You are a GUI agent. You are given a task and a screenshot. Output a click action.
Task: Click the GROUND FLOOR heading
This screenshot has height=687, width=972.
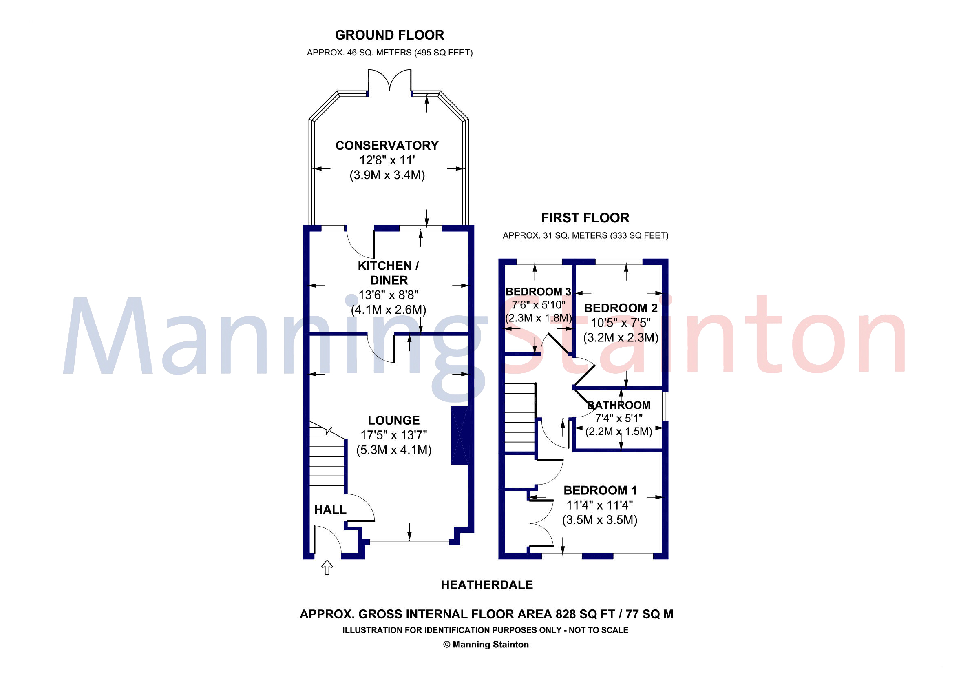[389, 35]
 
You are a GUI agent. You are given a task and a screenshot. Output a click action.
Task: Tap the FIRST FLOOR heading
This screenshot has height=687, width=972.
[585, 218]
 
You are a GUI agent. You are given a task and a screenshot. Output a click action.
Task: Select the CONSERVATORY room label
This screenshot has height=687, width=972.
[387, 145]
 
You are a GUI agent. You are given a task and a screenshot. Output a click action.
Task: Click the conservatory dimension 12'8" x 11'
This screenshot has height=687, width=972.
[387, 160]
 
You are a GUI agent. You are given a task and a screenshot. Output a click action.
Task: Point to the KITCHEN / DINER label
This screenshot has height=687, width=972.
[389, 273]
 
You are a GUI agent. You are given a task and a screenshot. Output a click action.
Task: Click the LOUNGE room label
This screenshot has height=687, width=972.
[394, 420]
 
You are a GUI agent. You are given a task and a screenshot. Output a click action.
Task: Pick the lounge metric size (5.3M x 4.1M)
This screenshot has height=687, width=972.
[394, 450]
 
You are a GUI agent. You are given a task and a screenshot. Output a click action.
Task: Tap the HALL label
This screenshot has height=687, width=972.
[330, 510]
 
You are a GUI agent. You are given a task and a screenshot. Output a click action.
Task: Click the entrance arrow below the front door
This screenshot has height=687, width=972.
[327, 567]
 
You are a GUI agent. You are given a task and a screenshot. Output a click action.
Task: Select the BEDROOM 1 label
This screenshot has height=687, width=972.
[600, 490]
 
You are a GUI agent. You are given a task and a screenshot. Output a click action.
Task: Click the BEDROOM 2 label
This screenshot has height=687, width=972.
[621, 308]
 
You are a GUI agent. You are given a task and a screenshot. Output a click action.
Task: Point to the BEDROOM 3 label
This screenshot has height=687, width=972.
[538, 291]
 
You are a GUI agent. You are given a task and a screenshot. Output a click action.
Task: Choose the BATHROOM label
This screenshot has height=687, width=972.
[619, 405]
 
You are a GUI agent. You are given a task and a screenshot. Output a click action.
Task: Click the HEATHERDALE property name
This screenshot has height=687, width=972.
[487, 585]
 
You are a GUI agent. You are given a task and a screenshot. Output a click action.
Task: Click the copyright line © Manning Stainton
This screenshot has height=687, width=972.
[486, 644]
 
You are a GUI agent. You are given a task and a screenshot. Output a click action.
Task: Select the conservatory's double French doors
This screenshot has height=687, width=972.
[389, 80]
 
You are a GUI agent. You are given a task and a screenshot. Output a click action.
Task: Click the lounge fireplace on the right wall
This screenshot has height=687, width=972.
[459, 435]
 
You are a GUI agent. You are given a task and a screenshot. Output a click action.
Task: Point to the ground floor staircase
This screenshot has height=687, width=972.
[327, 457]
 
